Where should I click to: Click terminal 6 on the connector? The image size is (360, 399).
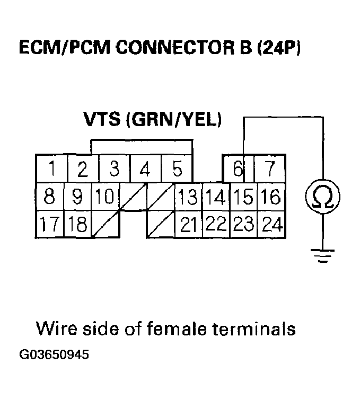[238, 170]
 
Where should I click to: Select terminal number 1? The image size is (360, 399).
[51, 170]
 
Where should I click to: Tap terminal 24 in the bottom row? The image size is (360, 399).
[271, 225]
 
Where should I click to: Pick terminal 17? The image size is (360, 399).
[49, 225]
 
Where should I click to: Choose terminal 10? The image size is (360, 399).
[105, 197]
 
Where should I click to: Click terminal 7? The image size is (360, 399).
[270, 170]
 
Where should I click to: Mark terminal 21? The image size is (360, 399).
[188, 225]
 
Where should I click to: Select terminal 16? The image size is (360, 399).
[270, 197]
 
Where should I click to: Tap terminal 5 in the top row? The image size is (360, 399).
[177, 170]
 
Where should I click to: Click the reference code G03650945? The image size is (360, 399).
[55, 354]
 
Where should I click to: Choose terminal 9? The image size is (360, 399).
[77, 197]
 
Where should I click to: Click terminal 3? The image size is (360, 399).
[114, 170]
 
